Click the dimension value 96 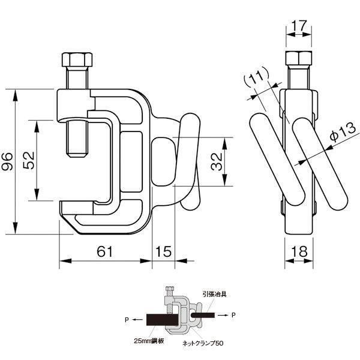click(7, 161)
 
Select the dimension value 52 click(29, 160)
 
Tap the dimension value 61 click(105, 251)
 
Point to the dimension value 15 click(163, 251)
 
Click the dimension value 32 click(217, 161)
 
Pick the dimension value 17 click(299, 25)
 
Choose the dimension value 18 click(299, 251)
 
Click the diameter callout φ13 click(343, 132)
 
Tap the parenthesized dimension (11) click(256, 76)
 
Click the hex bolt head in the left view click(77, 59)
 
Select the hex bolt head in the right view click(299, 58)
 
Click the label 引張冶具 click(215, 294)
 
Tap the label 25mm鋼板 click(149, 341)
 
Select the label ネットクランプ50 click(203, 343)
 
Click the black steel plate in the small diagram click(163, 320)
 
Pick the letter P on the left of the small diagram click(127, 320)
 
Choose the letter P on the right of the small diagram click(233, 315)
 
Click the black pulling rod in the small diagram click(203, 315)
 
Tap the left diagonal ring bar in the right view click(277, 160)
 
